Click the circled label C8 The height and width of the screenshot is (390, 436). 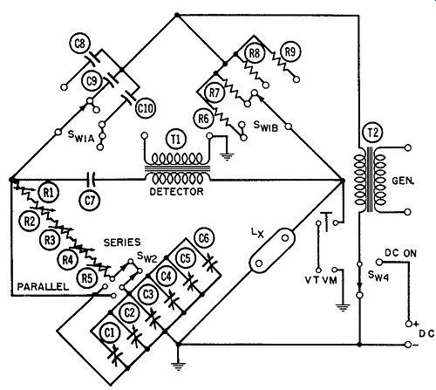point(80,44)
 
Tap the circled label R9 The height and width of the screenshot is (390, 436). point(290,51)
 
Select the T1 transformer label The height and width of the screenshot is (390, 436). point(176,140)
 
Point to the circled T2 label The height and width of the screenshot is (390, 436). point(373,133)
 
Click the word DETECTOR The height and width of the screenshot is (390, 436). point(176,192)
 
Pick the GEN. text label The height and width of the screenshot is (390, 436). point(403,181)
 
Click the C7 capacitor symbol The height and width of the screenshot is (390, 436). point(91,180)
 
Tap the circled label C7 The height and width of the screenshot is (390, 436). point(90,201)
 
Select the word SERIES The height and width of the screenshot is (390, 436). point(122,243)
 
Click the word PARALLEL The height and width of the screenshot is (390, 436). point(43,287)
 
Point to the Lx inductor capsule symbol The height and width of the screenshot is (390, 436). point(272,250)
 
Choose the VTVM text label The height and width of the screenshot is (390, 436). point(321,280)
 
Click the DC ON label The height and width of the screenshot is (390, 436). point(400,253)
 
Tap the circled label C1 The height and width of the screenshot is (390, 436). point(110,332)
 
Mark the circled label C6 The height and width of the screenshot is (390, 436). point(204,238)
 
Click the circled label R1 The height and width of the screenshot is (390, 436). point(49,192)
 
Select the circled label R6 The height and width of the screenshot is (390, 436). point(203,119)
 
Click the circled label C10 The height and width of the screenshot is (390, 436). point(146,108)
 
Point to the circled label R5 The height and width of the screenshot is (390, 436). point(87,278)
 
